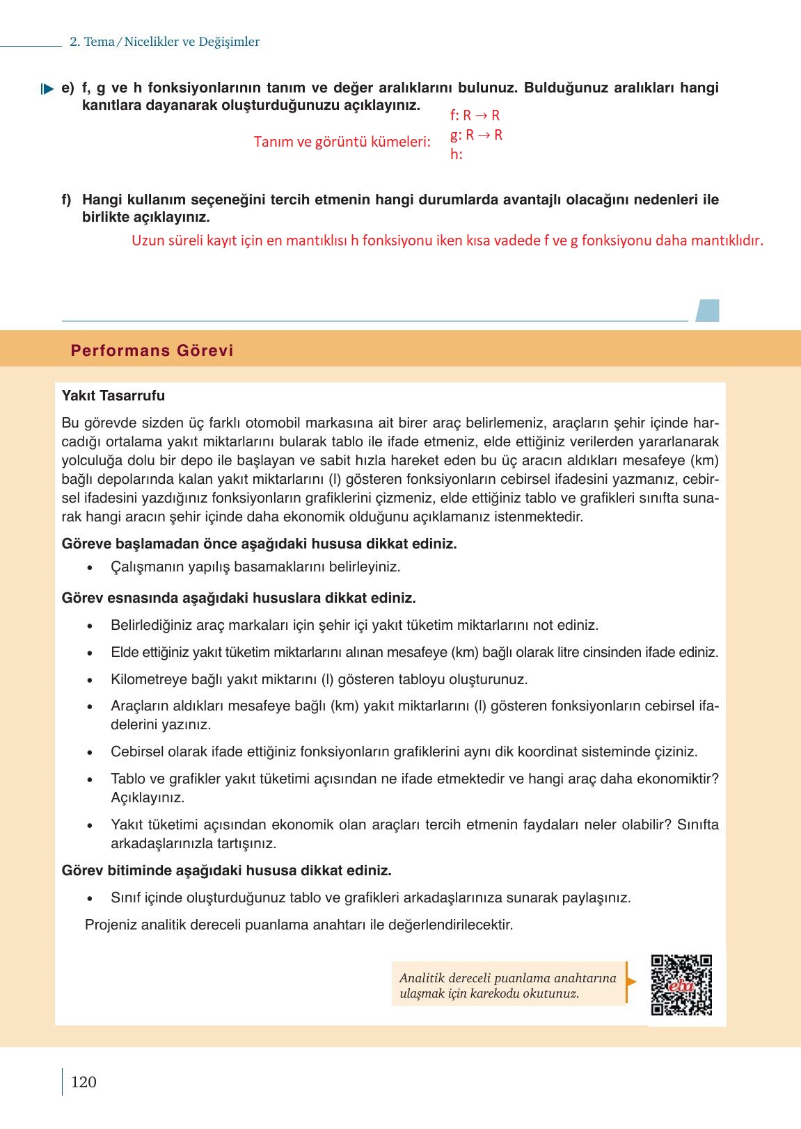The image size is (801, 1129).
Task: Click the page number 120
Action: [84, 1082]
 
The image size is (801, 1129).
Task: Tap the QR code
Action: [681, 985]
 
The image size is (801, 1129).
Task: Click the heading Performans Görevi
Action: [152, 350]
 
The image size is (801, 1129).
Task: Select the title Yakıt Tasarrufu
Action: [113, 396]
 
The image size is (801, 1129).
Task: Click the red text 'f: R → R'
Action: [475, 115]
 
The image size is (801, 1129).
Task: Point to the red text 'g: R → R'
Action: [476, 135]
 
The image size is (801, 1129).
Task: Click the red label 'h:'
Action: [456, 154]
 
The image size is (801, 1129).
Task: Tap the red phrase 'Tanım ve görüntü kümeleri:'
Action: [342, 142]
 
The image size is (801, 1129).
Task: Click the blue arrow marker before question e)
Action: [47, 89]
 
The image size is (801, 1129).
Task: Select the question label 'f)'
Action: [67, 200]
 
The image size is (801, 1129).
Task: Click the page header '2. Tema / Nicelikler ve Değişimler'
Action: [164, 42]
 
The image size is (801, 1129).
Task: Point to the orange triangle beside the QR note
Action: [631, 982]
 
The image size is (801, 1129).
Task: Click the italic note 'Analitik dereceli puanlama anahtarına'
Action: [507, 977]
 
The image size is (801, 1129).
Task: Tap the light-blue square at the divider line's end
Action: [708, 310]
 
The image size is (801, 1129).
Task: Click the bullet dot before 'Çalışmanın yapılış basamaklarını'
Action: [90, 567]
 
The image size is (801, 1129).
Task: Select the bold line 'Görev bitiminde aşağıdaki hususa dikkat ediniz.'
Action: [226, 870]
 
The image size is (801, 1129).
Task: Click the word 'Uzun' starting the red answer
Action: [148, 241]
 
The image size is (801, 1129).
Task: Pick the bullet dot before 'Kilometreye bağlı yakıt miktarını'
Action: [90, 680]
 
